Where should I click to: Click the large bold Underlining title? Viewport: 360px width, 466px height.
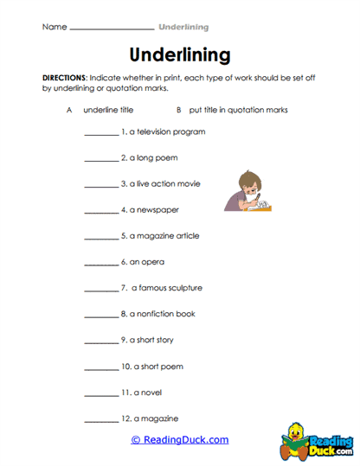coord(180,55)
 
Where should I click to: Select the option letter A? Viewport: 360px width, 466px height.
coord(68,111)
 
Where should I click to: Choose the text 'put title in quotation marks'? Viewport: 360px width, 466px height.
coord(238,111)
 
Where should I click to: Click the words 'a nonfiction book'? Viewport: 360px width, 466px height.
coord(168,314)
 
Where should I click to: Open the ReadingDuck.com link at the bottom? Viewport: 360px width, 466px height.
coord(180,440)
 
